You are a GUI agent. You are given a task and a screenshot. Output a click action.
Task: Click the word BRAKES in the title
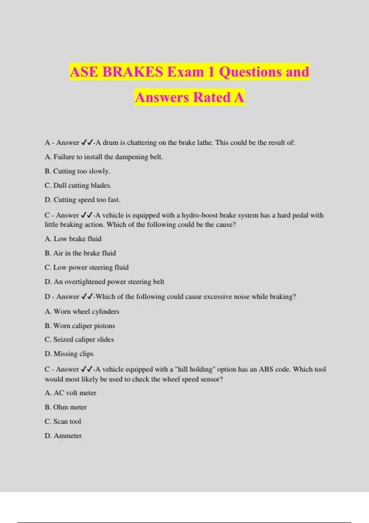pyautogui.click(x=133, y=72)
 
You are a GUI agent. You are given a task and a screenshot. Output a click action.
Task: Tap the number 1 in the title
pyautogui.click(x=211, y=72)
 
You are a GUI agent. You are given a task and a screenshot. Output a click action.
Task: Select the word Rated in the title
pyautogui.click(x=212, y=98)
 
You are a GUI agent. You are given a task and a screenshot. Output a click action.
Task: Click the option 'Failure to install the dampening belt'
pyautogui.click(x=104, y=157)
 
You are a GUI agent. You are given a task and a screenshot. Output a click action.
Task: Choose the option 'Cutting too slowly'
pyautogui.click(x=77, y=171)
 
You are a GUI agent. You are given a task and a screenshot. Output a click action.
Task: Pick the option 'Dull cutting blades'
pyautogui.click(x=78, y=186)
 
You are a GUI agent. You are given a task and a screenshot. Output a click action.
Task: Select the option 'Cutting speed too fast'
pyautogui.click(x=82, y=200)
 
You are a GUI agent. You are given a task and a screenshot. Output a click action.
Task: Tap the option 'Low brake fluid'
pyautogui.click(x=73, y=239)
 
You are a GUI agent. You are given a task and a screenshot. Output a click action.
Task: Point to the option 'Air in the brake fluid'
pyautogui.click(x=80, y=253)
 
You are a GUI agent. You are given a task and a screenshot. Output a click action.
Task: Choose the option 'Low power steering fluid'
pyautogui.click(x=86, y=267)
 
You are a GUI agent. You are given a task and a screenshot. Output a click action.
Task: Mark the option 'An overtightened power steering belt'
pyautogui.click(x=104, y=282)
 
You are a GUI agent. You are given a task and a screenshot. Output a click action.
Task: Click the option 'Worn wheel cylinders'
pyautogui.click(x=82, y=311)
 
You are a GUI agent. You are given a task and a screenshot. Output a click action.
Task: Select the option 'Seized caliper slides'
pyautogui.click(x=79, y=339)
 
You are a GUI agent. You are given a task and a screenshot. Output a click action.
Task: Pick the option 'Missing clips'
pyautogui.click(x=69, y=354)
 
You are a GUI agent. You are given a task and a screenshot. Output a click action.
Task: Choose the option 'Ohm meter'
pyautogui.click(x=65, y=407)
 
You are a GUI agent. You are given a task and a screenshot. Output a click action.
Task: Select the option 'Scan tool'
pyautogui.click(x=63, y=421)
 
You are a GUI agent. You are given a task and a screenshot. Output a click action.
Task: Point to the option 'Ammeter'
pyautogui.click(x=63, y=436)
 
